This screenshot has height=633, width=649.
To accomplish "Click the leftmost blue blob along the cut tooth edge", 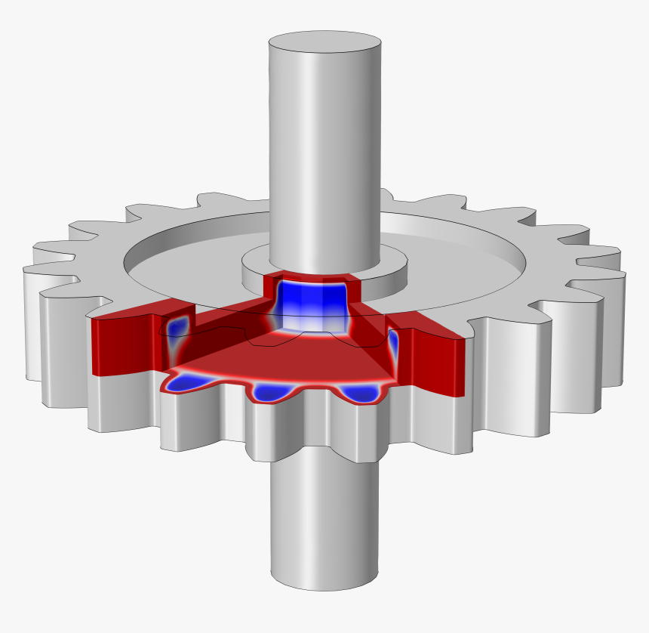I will (x=187, y=382).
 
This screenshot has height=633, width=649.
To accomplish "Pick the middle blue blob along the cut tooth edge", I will (x=274, y=392).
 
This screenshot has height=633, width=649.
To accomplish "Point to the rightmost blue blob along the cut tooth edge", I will (x=358, y=393).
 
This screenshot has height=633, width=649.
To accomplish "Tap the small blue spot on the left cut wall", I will (x=179, y=326).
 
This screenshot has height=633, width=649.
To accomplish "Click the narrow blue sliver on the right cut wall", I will (x=393, y=344).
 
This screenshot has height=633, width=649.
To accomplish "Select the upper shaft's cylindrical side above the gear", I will (x=324, y=151).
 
